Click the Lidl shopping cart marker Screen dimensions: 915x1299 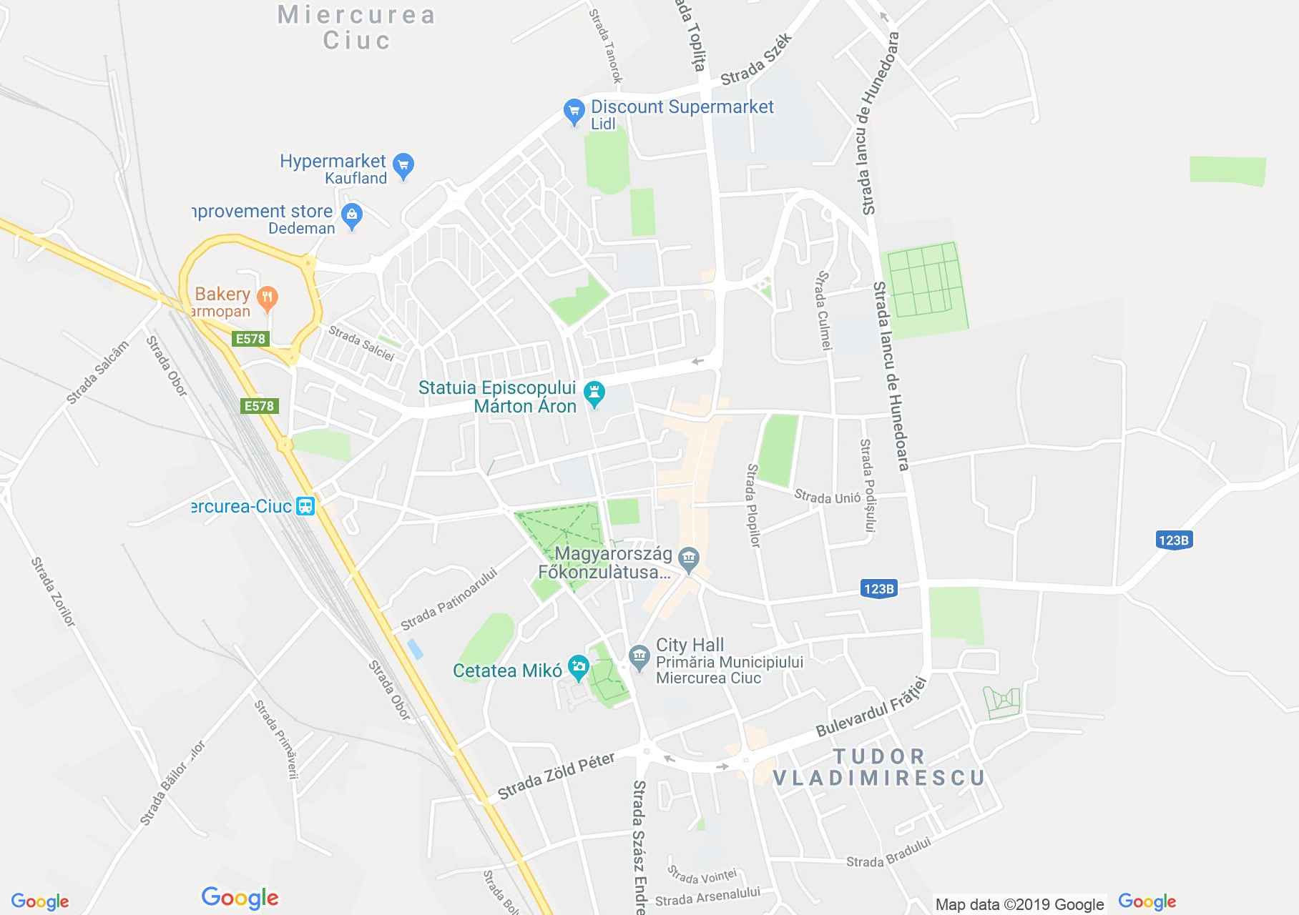(574, 112)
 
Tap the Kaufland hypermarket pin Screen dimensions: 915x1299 (403, 166)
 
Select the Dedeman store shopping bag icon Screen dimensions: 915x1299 (352, 215)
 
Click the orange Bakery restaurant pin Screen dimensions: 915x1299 (268, 298)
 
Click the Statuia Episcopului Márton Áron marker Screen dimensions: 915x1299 (594, 392)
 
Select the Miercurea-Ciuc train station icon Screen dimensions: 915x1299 (306, 506)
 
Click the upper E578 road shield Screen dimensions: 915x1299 (250, 339)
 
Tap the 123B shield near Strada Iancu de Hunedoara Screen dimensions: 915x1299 (878, 589)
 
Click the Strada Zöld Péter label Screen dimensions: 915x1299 (556, 776)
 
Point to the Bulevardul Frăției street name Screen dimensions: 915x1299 (871, 708)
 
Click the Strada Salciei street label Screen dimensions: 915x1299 (361, 344)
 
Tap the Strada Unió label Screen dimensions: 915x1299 (827, 497)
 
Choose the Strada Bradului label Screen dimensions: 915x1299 (888, 854)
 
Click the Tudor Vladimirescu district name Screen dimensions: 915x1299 (879, 767)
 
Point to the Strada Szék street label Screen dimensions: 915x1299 (758, 60)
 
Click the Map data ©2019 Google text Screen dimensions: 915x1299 (1019, 905)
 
